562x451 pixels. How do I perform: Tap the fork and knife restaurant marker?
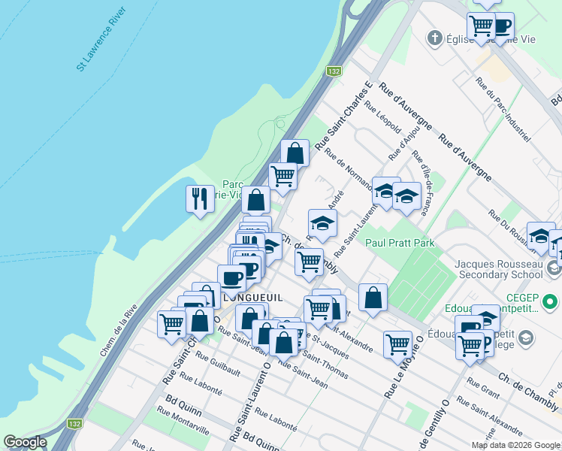[x=198, y=199]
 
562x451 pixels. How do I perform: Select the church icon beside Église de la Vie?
[x=434, y=38]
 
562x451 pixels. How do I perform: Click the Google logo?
[x=25, y=442]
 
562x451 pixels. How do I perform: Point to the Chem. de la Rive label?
[x=119, y=330]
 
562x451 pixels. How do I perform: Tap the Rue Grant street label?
[x=483, y=388]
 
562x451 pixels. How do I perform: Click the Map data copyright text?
[x=515, y=444]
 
